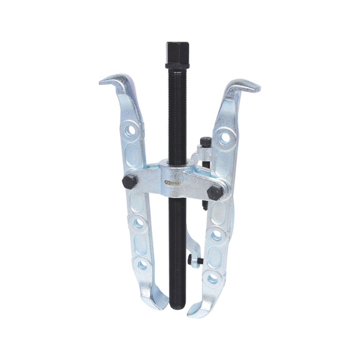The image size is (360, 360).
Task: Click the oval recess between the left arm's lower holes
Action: pyautogui.click(x=141, y=243)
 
